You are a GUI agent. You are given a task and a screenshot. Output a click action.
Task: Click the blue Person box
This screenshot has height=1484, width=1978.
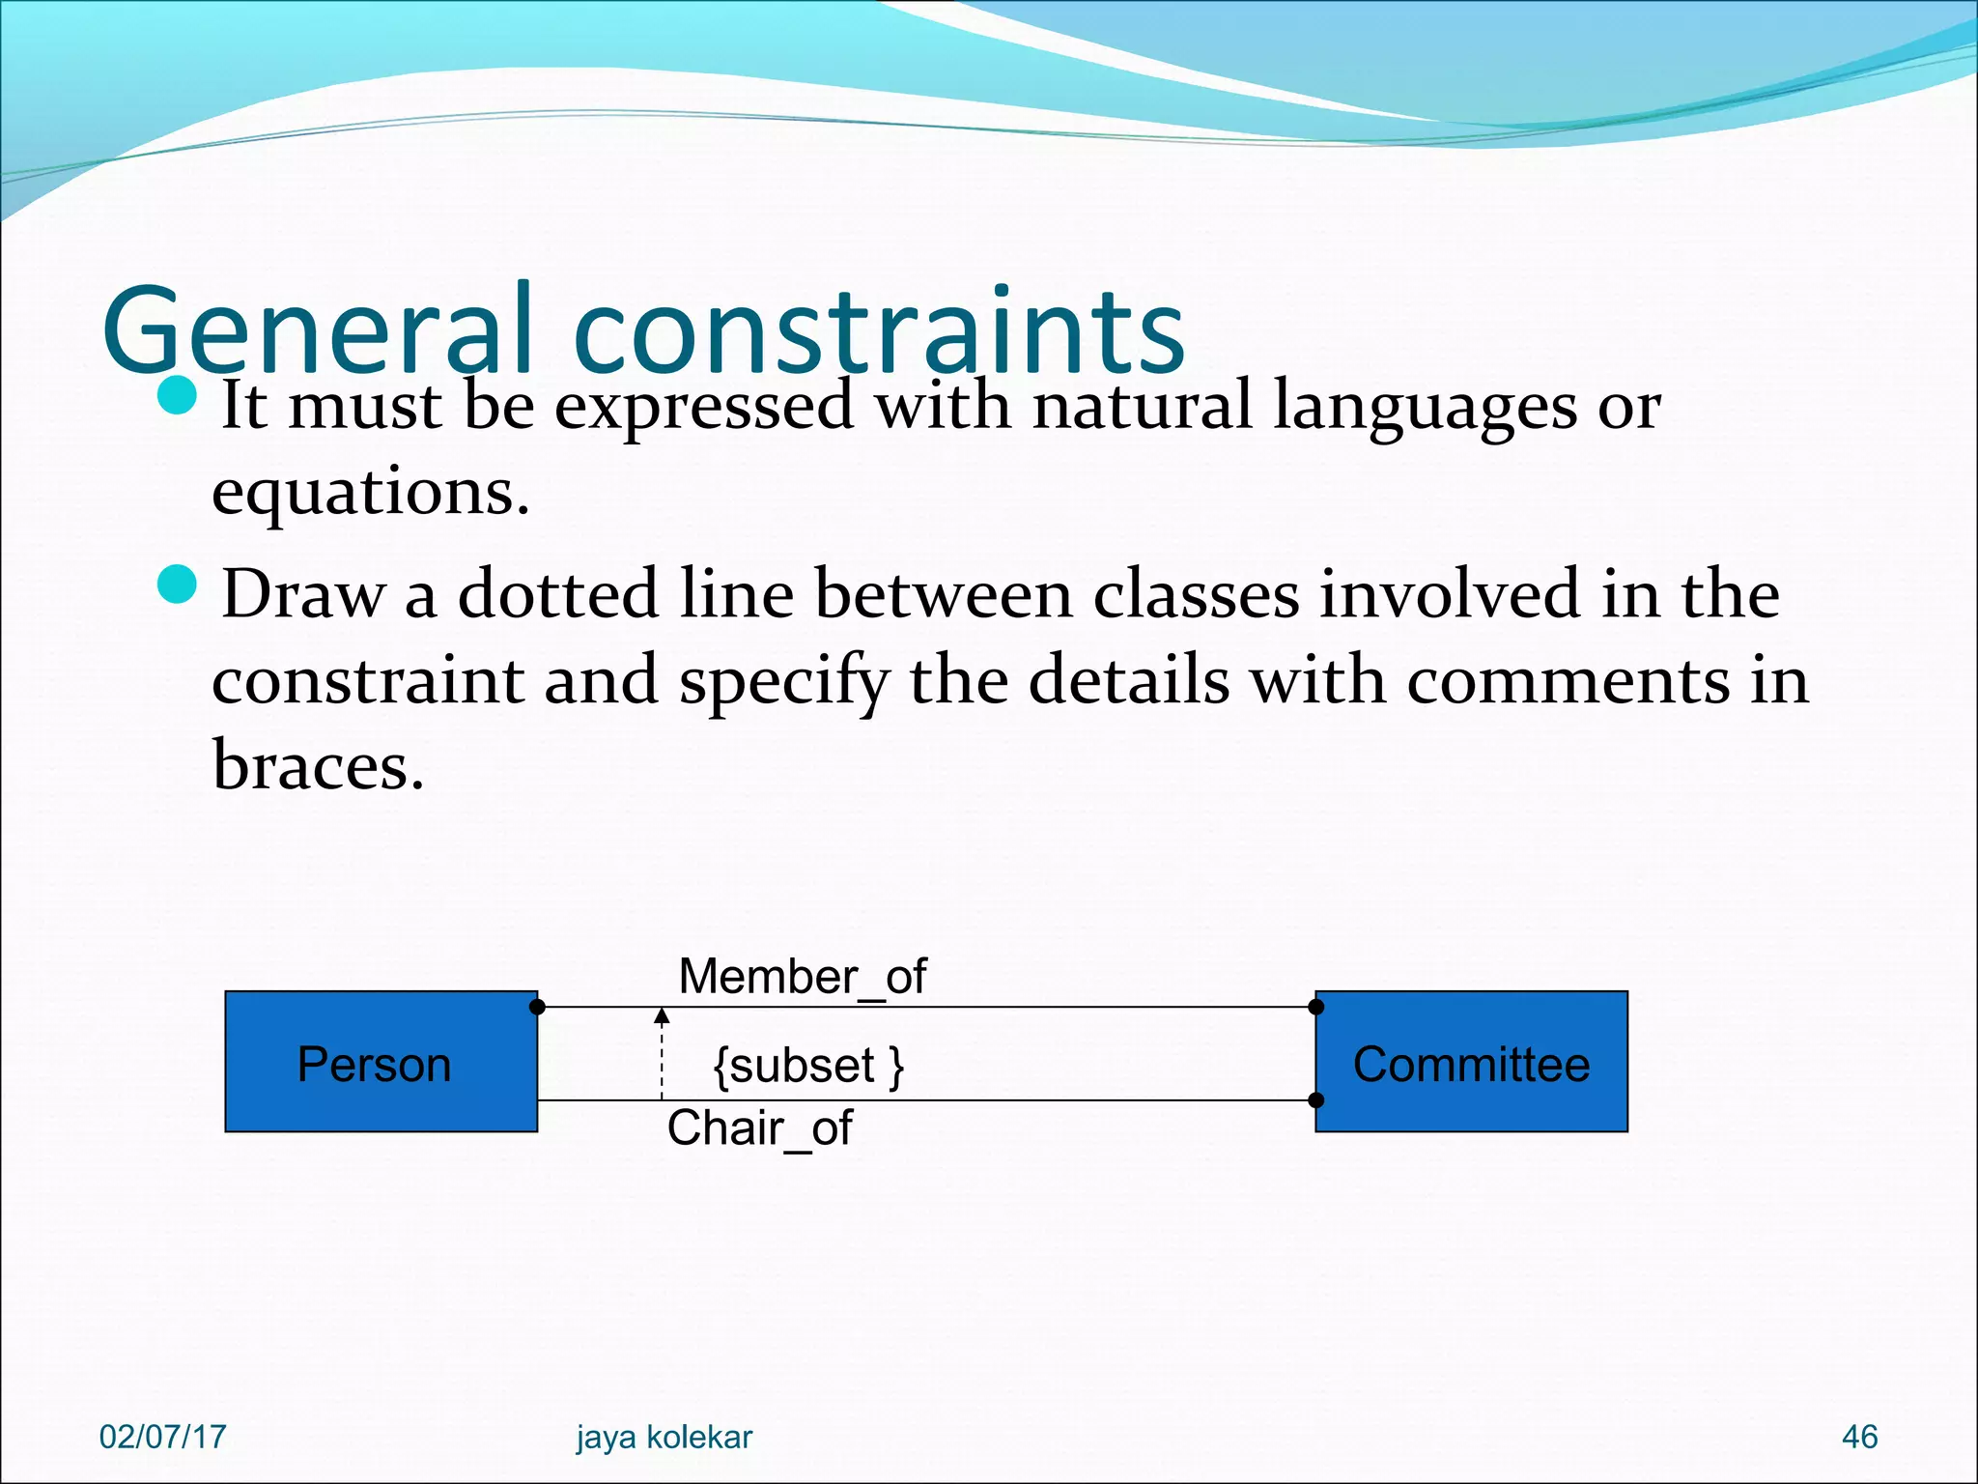[x=381, y=1061]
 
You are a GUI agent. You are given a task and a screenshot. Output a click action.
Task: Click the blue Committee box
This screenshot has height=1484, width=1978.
[x=1471, y=1061]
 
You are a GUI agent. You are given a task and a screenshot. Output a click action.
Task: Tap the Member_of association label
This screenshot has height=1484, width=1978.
[x=802, y=976]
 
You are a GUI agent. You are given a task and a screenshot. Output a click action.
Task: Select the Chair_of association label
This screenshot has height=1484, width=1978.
[x=759, y=1127]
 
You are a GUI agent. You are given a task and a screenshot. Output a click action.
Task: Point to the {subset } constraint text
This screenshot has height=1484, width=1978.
[x=807, y=1066]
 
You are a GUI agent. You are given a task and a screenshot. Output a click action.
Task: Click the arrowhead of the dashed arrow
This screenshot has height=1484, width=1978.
[x=662, y=1015]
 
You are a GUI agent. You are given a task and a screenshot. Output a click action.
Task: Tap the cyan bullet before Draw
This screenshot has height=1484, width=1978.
[x=177, y=584]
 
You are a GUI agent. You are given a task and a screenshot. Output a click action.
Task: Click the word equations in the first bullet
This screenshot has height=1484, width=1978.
[x=370, y=492]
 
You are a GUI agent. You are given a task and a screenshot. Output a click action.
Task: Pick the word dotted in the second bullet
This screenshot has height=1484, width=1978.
[x=557, y=593]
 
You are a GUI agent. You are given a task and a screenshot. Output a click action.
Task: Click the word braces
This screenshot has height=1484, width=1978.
[x=318, y=765]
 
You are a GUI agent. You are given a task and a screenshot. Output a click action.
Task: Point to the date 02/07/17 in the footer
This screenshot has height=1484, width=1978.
[x=162, y=1437]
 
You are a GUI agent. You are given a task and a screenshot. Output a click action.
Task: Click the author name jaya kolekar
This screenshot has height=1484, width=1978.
[x=664, y=1437]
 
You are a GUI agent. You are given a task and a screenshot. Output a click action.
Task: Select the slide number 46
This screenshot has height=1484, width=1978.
[x=1859, y=1437]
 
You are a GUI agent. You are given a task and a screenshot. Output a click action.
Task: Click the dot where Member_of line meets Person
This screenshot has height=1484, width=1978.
[x=538, y=1007]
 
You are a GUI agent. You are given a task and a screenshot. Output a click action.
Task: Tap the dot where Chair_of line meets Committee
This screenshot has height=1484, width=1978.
[x=1315, y=1099]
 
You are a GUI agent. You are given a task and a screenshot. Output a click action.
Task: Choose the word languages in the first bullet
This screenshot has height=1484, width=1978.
[x=1425, y=406]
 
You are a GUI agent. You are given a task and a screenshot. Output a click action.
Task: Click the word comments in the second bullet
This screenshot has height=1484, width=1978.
[x=1568, y=680]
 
